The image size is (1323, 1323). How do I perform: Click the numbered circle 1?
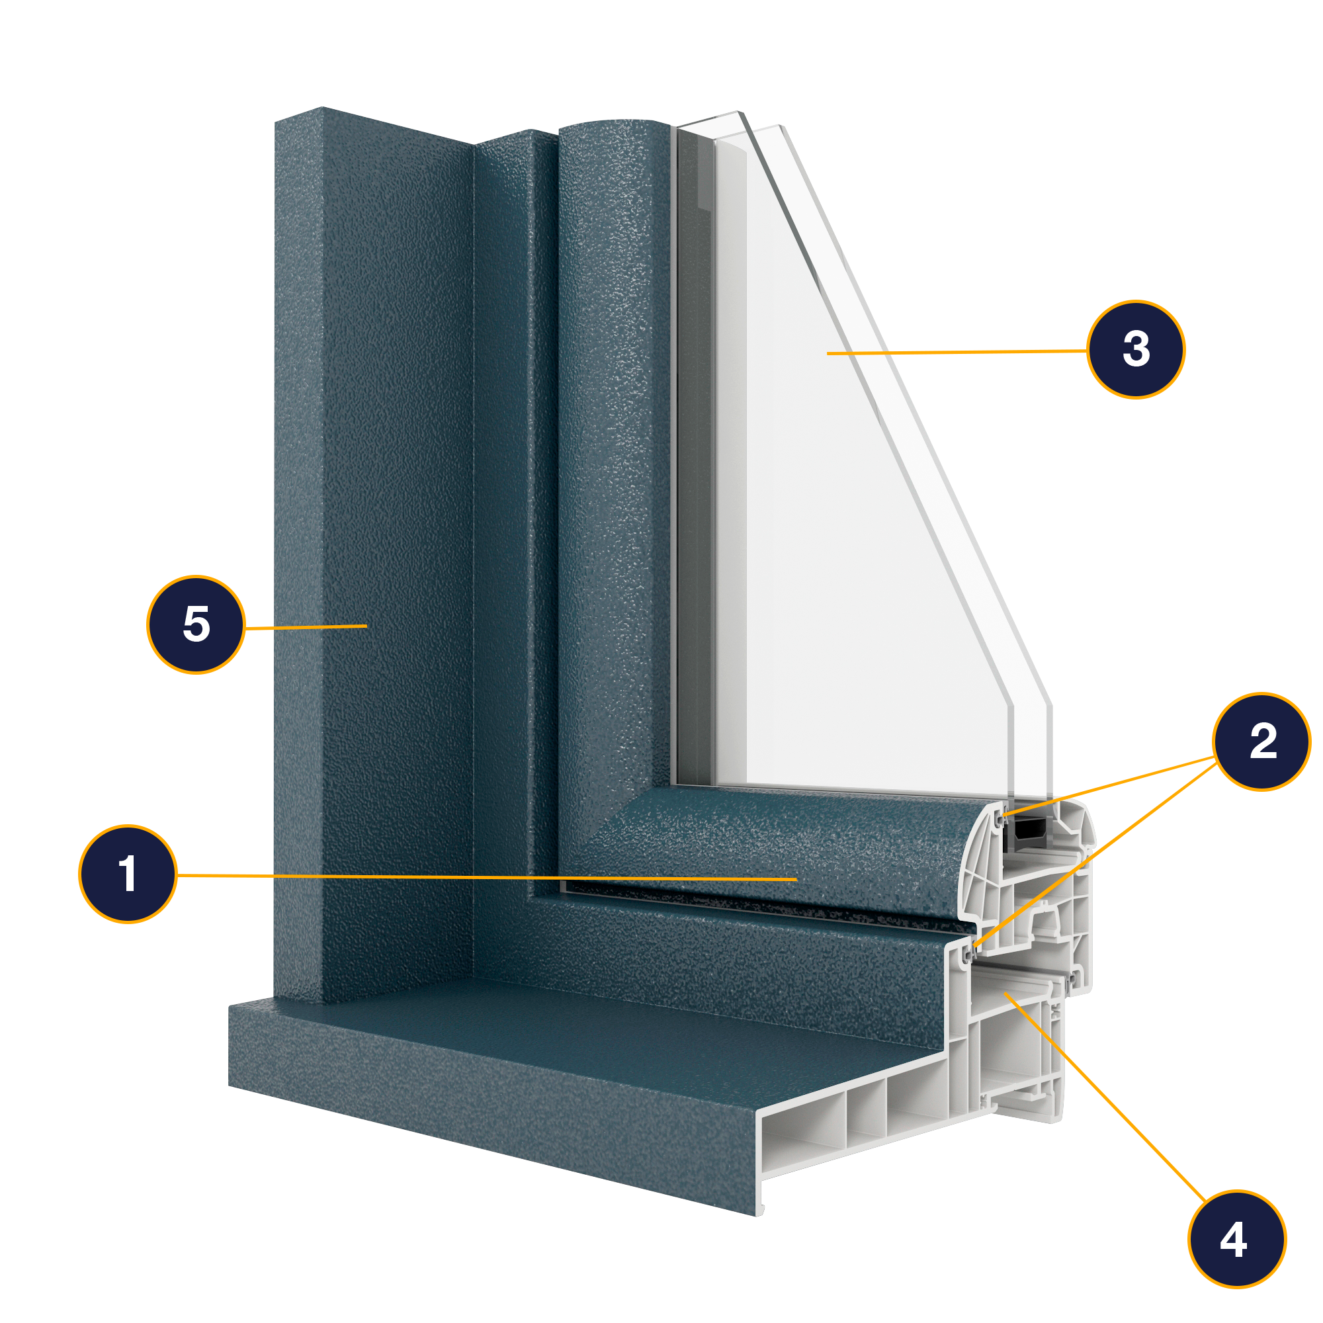pyautogui.click(x=128, y=875)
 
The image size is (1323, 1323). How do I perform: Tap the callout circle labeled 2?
pyautogui.click(x=1261, y=742)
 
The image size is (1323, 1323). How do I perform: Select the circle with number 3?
pyautogui.click(x=1136, y=349)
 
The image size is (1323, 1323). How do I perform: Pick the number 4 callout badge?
pyautogui.click(x=1237, y=1240)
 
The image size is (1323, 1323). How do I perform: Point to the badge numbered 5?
pyautogui.click(x=196, y=624)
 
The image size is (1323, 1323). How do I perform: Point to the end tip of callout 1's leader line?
pyautogui.click(x=796, y=878)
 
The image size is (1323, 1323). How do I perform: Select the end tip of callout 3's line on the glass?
pyautogui.click(x=828, y=353)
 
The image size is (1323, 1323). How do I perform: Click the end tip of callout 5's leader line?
pyautogui.click(x=367, y=625)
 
